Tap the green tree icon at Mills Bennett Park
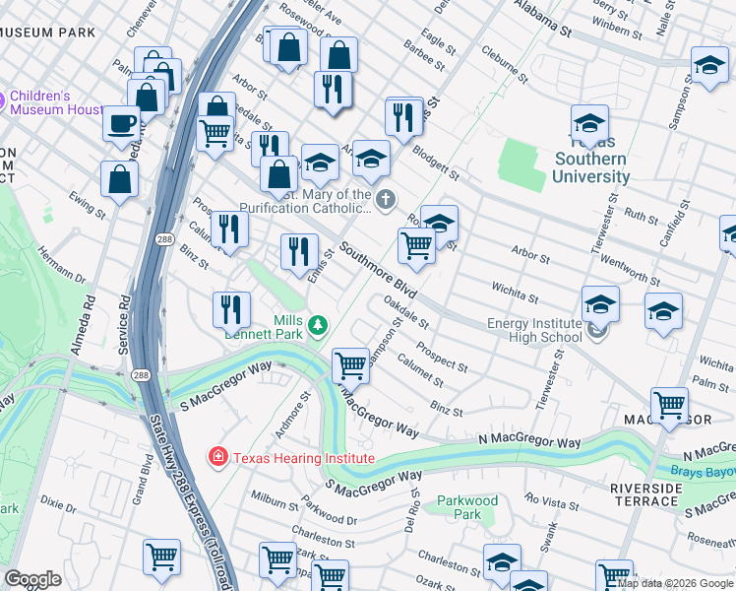pos(317,324)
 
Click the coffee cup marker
pos(122,124)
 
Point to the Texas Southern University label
pos(590,167)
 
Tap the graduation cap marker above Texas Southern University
pos(589,124)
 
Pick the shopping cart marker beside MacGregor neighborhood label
pos(669,405)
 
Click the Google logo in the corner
pos(32,579)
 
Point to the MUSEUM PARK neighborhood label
pos(48,33)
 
